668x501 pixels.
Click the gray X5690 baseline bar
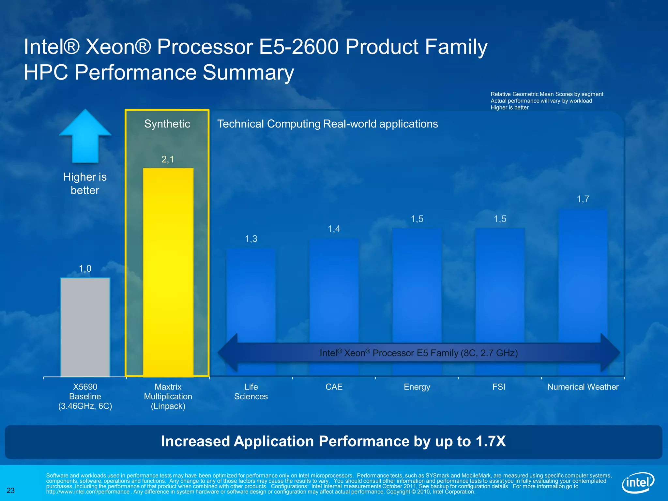tap(85, 327)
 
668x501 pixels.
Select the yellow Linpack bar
tap(168, 272)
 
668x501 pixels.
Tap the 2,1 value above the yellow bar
tap(168, 159)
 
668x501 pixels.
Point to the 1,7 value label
tap(583, 199)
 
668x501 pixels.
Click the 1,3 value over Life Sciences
tap(251, 239)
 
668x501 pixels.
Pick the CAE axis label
tap(334, 387)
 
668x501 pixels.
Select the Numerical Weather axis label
tap(583, 387)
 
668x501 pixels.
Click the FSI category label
tap(499, 387)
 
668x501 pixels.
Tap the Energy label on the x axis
tap(417, 387)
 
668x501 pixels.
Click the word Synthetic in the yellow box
tap(167, 124)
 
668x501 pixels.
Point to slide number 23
tap(11, 491)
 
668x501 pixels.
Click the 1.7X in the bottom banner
tap(491, 441)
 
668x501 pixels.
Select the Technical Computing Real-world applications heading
tap(327, 124)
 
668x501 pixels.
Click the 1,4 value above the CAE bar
tap(334, 229)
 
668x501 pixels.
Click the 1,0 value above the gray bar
tap(85, 269)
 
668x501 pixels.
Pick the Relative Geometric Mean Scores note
tap(547, 94)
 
